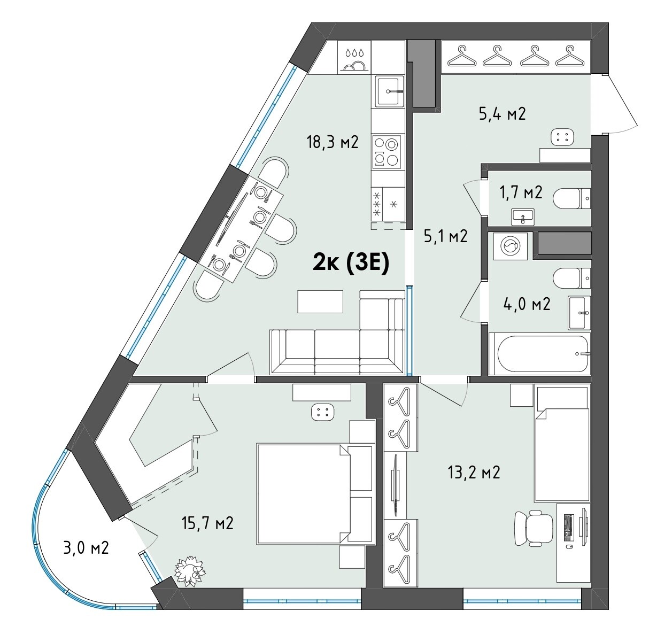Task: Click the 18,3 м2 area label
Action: (x=332, y=142)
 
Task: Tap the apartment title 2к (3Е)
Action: (x=351, y=262)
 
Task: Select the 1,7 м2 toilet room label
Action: (x=520, y=192)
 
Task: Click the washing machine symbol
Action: (x=510, y=245)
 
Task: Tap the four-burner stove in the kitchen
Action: (x=388, y=152)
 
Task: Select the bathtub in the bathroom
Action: (x=539, y=354)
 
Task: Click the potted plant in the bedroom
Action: (x=190, y=571)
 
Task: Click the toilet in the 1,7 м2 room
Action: (x=571, y=199)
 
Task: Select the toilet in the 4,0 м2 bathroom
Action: (x=571, y=278)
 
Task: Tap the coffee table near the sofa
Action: (x=320, y=301)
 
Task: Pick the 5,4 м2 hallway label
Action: (x=502, y=114)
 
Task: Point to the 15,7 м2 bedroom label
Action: (x=207, y=523)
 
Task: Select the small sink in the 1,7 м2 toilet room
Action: (x=523, y=217)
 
